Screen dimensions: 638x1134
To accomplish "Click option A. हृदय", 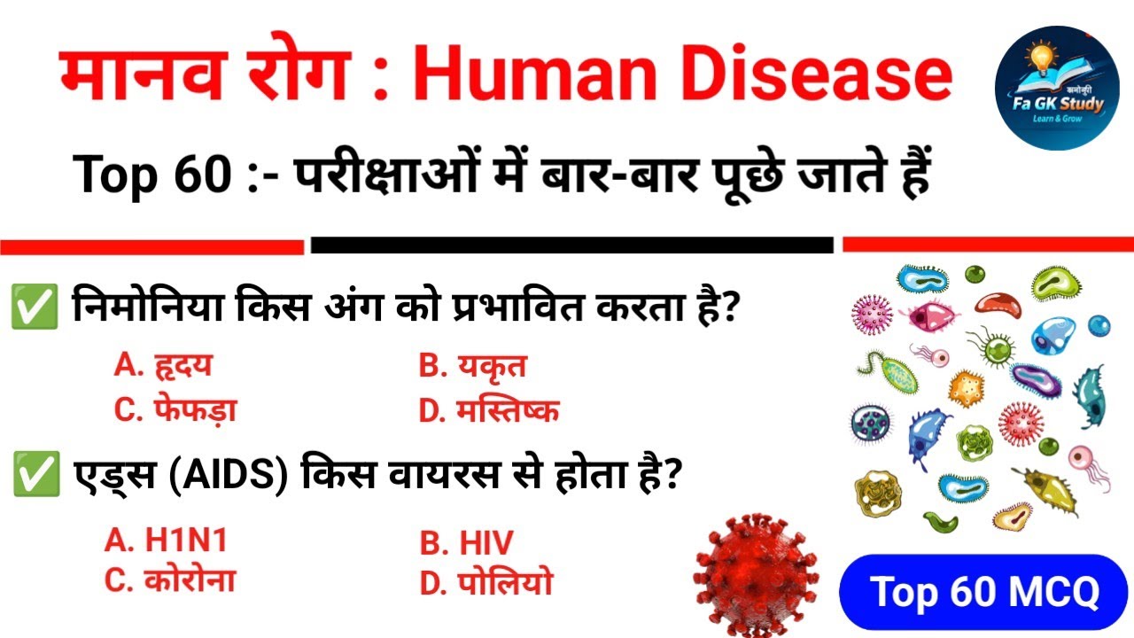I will [164, 364].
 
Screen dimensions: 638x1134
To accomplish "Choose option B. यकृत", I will [473, 366].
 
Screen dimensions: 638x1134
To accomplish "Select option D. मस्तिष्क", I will [489, 411].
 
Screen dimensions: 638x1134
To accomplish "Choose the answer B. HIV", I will [466, 542].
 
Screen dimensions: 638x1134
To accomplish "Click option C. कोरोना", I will [170, 580].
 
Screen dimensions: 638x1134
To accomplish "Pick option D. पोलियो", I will [485, 583].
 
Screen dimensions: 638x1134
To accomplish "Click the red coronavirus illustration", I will [756, 572].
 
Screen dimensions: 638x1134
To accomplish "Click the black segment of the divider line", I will [572, 245].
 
